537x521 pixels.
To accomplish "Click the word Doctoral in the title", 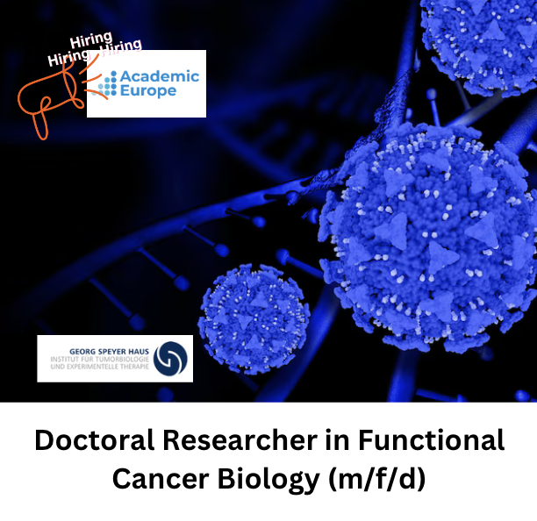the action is click(x=95, y=440).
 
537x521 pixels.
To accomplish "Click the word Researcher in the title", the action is click(x=240, y=440).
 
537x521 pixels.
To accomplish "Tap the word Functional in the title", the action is click(x=431, y=440).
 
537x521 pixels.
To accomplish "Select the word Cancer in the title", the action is click(x=161, y=478).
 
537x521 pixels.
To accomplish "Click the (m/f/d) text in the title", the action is click(x=377, y=479).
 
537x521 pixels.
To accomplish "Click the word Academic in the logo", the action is click(x=160, y=76).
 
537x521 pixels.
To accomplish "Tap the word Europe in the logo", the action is click(x=148, y=91).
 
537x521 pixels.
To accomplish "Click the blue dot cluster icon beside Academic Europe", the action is click(x=104, y=83).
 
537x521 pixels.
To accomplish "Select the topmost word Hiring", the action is click(x=91, y=40).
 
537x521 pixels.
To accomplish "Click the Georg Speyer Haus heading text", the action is click(x=110, y=352).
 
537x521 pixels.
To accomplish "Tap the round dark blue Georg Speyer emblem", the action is click(x=170, y=359).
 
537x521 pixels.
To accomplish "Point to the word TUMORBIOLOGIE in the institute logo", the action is click(x=122, y=359).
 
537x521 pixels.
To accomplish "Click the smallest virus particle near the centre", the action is click(x=254, y=318).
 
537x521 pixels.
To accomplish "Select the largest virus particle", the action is click(x=426, y=238).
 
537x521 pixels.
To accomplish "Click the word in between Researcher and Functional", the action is click(x=337, y=440).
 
